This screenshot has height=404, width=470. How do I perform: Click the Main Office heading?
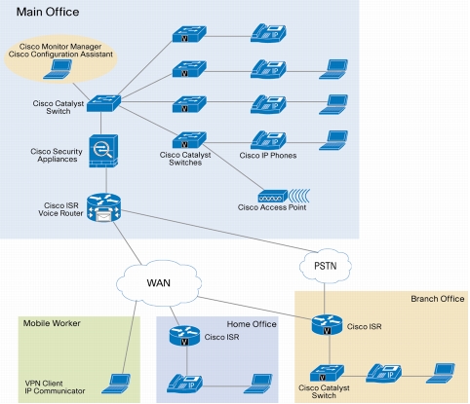coord(48,12)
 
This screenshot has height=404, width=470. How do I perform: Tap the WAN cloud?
coord(159,283)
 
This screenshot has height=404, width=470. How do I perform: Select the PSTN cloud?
coord(325,266)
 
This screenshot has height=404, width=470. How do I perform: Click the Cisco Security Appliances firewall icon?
coord(103,151)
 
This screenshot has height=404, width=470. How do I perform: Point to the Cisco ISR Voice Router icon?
coord(103,208)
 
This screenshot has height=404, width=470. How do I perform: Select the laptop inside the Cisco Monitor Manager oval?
coord(58,69)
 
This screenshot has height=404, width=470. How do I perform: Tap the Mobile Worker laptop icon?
coord(116,384)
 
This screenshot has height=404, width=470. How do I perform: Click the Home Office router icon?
coord(184,336)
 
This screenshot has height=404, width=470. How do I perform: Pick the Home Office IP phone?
coord(184,384)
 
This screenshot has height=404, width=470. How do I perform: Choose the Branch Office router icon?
coord(327,325)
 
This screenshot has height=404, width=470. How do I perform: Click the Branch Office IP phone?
coord(384,373)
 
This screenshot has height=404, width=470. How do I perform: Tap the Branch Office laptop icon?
coord(441,373)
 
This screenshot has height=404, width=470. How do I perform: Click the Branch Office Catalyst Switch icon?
coord(327,374)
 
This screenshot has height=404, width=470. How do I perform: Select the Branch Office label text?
coord(438,299)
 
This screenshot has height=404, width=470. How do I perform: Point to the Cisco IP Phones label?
coord(268,156)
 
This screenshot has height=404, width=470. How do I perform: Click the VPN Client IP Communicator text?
coord(55,387)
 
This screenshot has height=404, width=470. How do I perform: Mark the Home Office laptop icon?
coord(258,384)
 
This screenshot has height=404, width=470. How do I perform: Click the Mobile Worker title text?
coord(52,323)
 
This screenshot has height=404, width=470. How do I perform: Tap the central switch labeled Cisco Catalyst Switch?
coord(103,103)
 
